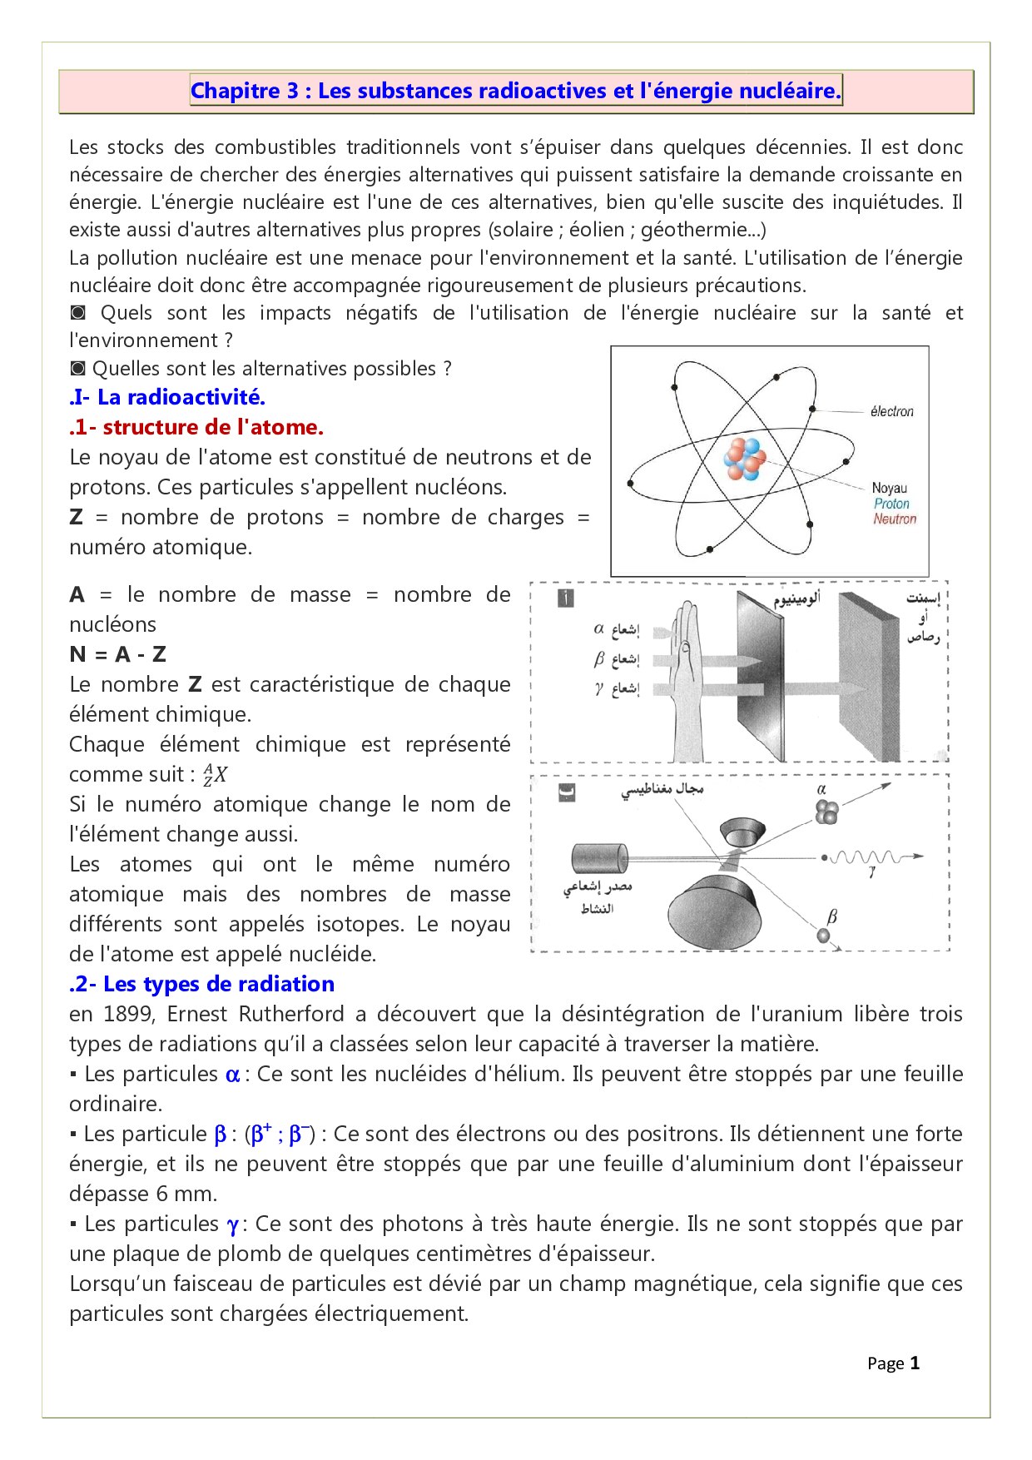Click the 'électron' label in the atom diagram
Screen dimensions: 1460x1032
coord(891,411)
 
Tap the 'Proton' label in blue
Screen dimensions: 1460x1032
coord(891,504)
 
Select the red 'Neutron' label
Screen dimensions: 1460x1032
coord(894,519)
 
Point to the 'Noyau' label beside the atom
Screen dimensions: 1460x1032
coord(889,488)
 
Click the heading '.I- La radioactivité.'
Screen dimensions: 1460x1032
coord(167,397)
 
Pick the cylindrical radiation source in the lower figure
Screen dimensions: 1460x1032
coord(598,858)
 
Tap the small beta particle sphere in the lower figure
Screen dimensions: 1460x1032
coord(824,936)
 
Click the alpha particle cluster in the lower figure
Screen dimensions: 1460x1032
coord(826,812)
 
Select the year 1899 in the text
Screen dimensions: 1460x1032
coord(127,1014)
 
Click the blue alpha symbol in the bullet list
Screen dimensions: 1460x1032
coord(232,1075)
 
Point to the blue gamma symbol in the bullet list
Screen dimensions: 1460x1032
coord(233,1224)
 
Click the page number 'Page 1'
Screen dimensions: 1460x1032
coord(893,1363)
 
